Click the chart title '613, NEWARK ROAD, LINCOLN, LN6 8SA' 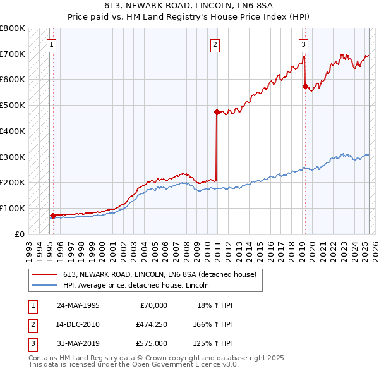pos(189,5)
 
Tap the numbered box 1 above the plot pos(51,44)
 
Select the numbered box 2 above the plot pos(215,44)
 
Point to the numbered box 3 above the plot pos(304,44)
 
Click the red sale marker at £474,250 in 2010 pos(217,113)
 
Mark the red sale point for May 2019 pos(305,87)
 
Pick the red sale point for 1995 pos(53,216)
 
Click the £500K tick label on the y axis pos(13,106)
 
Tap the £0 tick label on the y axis pos(20,234)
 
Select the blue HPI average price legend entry pos(140,286)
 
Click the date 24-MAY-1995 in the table pos(78,305)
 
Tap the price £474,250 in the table pos(152,324)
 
